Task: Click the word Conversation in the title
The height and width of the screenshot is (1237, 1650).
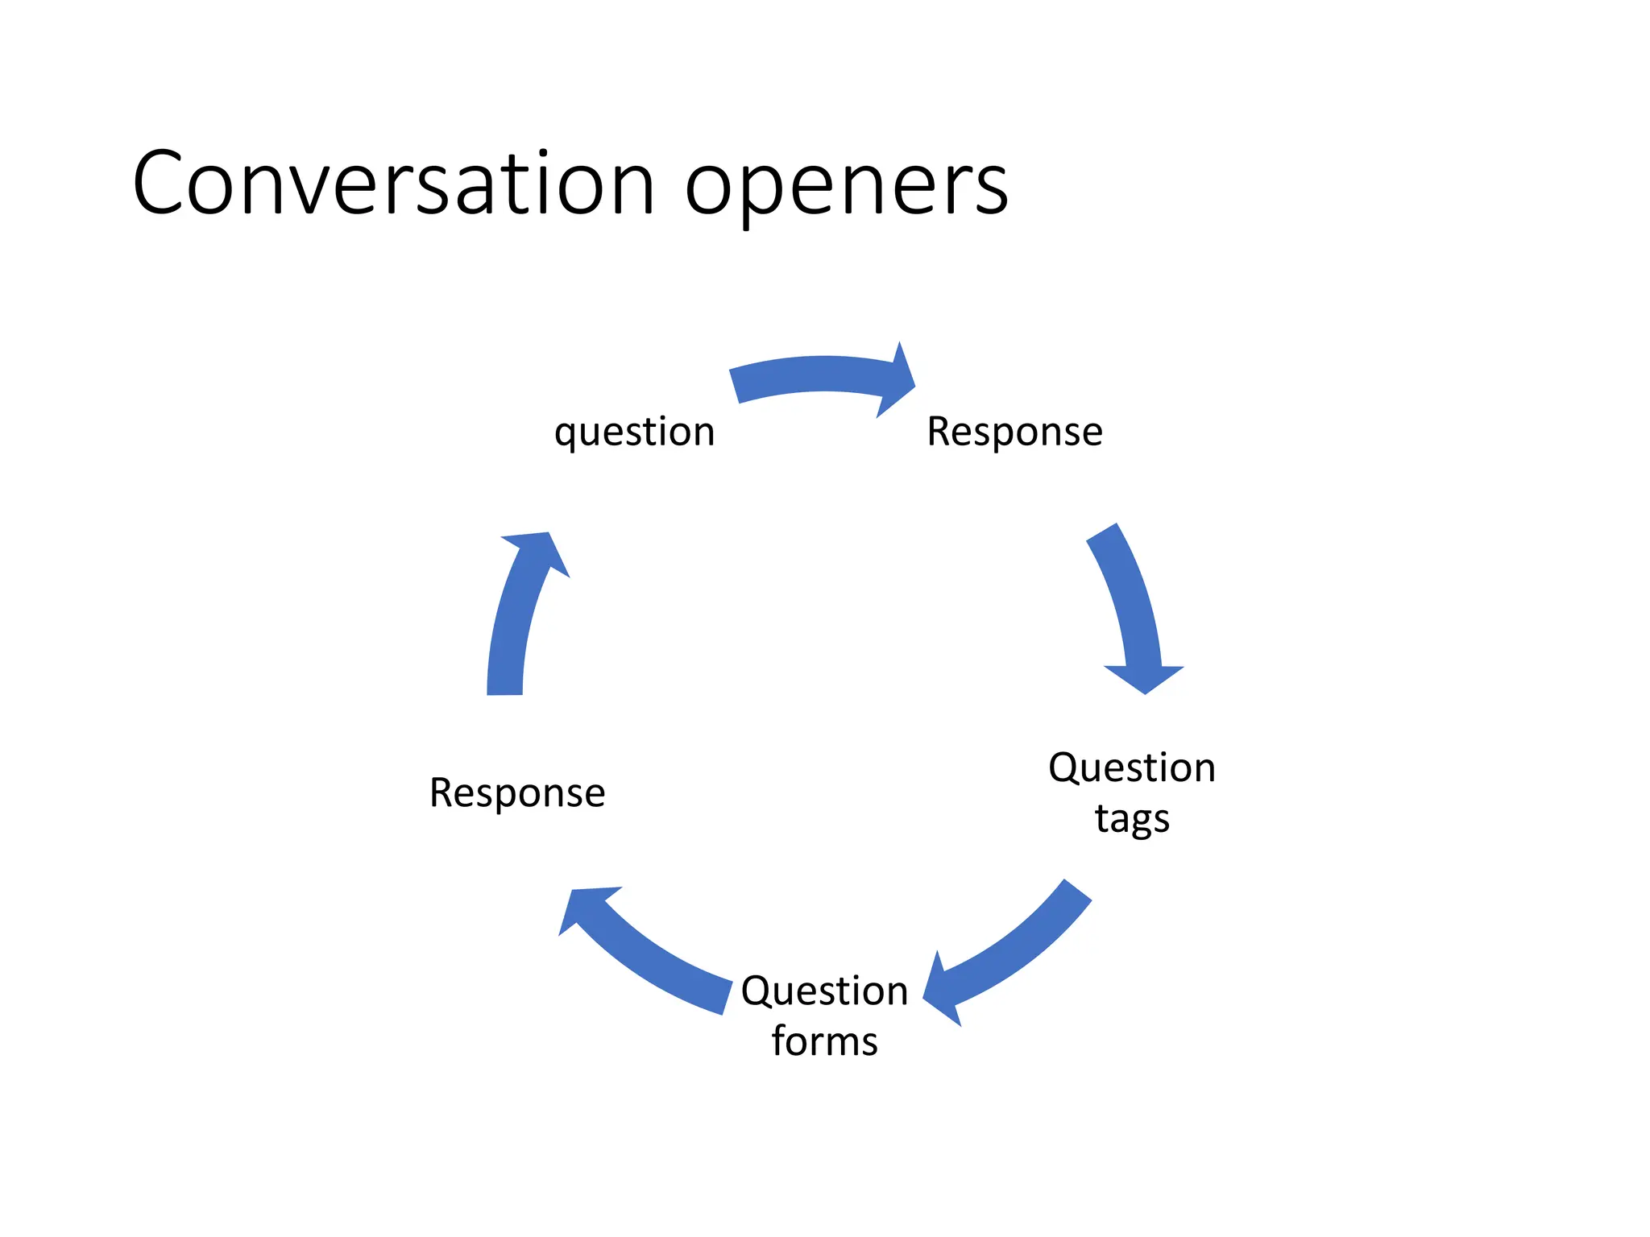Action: click(x=393, y=184)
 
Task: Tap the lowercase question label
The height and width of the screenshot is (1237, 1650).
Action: click(x=634, y=432)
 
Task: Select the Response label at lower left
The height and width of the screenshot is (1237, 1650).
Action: click(x=517, y=792)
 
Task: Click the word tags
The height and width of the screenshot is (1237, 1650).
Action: click(x=1132, y=820)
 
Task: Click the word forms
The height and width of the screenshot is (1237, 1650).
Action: click(x=824, y=1040)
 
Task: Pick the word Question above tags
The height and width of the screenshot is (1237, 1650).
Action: click(x=1132, y=767)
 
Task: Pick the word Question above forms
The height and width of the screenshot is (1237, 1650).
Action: click(x=824, y=990)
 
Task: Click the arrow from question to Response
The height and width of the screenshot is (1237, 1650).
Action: click(x=814, y=374)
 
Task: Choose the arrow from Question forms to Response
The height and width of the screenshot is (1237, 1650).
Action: click(x=653, y=958)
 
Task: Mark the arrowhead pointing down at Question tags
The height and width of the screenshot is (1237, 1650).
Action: click(x=1144, y=678)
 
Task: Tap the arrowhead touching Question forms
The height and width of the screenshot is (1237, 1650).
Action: click(x=943, y=991)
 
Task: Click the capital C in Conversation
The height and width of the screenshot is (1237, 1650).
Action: click(x=160, y=184)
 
